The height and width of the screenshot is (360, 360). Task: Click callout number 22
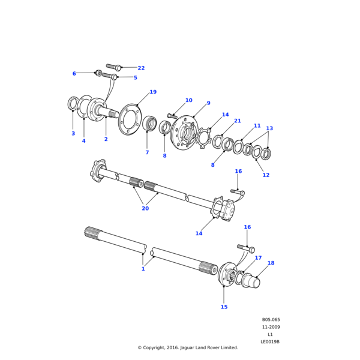coord(141,68)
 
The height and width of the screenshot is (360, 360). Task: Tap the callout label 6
coord(74,74)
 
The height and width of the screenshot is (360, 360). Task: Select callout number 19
coord(152,92)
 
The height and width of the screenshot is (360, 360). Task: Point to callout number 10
coord(188,100)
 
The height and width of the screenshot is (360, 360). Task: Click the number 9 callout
coord(208,103)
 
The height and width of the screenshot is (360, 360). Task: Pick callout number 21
coord(237,121)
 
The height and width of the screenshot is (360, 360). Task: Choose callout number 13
coord(269,128)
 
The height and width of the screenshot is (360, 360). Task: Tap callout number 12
coord(266,175)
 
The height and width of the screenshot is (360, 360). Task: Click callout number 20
coord(145,208)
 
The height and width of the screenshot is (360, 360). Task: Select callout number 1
coord(143,319)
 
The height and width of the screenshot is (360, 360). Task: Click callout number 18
coord(271,263)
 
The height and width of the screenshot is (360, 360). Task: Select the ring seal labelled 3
coord(73,104)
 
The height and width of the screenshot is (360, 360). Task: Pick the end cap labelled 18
coord(250,281)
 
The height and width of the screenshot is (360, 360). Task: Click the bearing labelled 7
coord(149,124)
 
